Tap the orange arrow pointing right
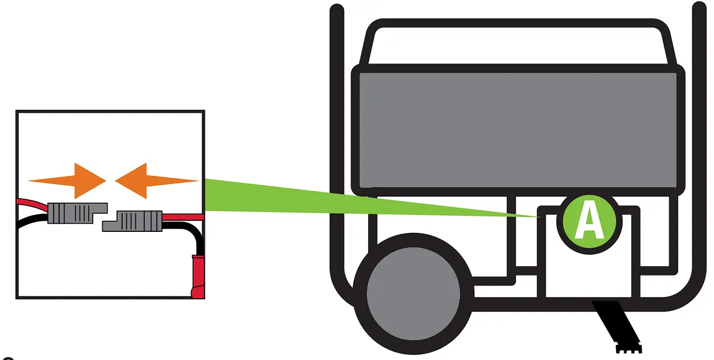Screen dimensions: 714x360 pyautogui.click(x=72, y=181)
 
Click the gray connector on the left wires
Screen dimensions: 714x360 pyautogui.click(x=74, y=213)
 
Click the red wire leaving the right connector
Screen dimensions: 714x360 pyautogui.click(x=182, y=216)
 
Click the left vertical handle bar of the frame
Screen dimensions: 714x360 pyautogui.click(x=335, y=138)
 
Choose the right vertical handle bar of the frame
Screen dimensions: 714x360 pyautogui.click(x=699, y=138)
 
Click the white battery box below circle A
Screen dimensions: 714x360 pyautogui.click(x=589, y=276)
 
